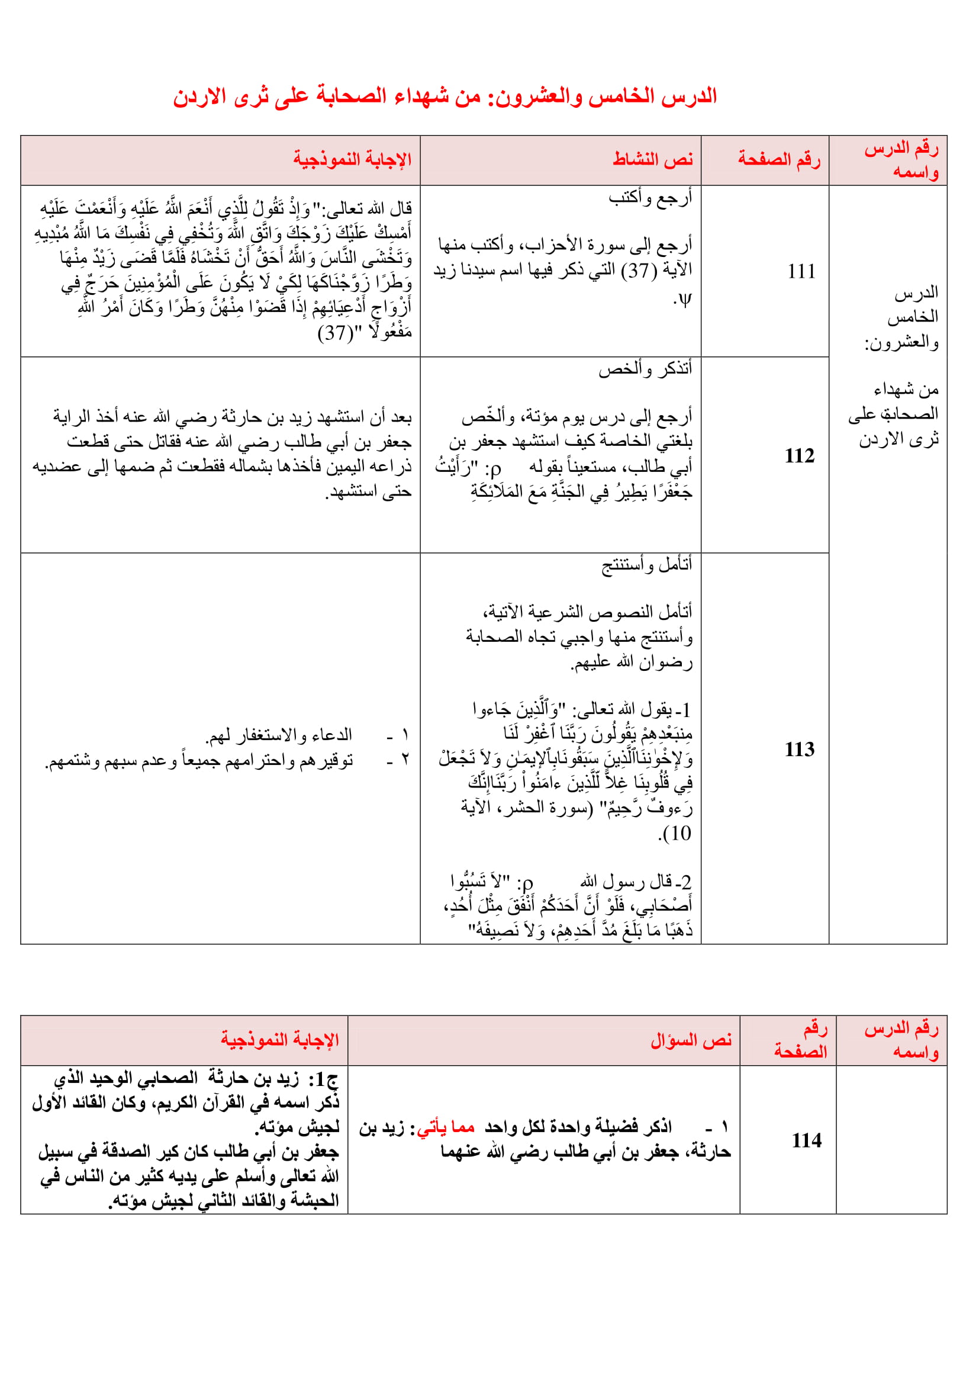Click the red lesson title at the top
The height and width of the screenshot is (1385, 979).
click(x=445, y=97)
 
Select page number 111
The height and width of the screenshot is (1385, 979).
click(x=801, y=271)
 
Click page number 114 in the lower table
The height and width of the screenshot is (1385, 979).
click(x=807, y=1140)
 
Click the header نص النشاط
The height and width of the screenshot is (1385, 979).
click(x=653, y=159)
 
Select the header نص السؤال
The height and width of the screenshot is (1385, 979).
click(x=691, y=1040)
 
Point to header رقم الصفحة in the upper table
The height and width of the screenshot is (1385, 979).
click(x=779, y=159)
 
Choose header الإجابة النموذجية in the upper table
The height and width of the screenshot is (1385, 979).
click(x=352, y=159)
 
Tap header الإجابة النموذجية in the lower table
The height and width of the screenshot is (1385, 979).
click(x=279, y=1040)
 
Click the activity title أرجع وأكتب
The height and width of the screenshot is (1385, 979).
click(x=650, y=197)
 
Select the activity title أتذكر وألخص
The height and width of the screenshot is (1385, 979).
click(x=646, y=368)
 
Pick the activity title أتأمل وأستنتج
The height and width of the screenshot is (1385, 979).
click(x=648, y=565)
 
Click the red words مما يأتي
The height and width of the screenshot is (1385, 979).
click(x=446, y=1127)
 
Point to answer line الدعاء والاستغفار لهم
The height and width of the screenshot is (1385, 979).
click(x=279, y=735)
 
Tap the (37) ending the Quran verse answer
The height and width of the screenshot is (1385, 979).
click(x=335, y=332)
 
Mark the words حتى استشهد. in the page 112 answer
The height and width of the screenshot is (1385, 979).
click(x=368, y=492)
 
